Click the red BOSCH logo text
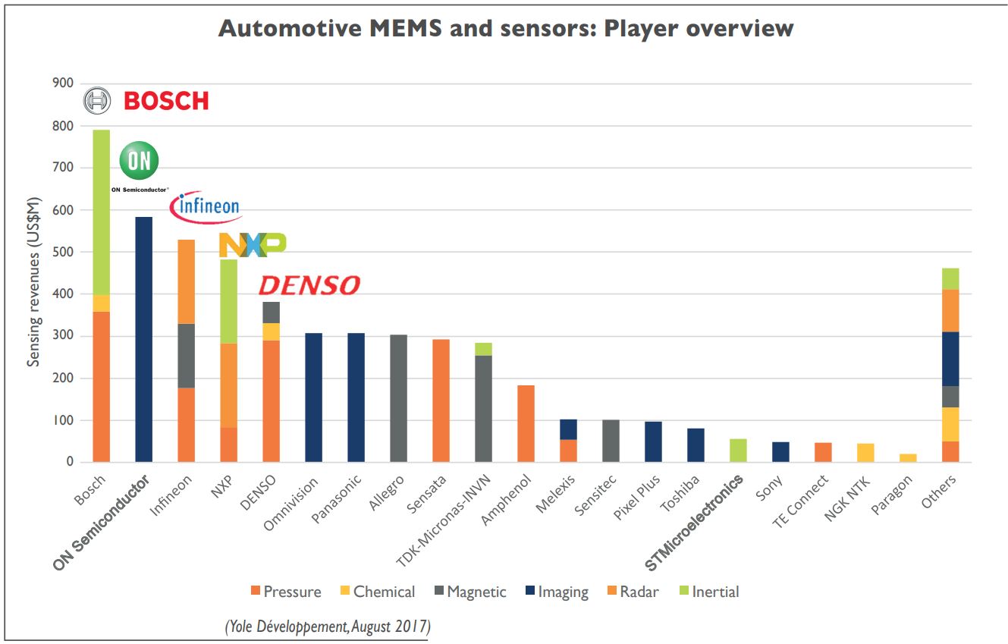(165, 101)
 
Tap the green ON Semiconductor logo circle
(140, 161)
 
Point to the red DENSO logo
(309, 285)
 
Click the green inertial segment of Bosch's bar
(101, 212)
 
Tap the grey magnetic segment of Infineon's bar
(186, 356)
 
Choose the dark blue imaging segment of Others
(950, 359)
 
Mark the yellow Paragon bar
(908, 458)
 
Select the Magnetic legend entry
(469, 592)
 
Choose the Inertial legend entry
(707, 592)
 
